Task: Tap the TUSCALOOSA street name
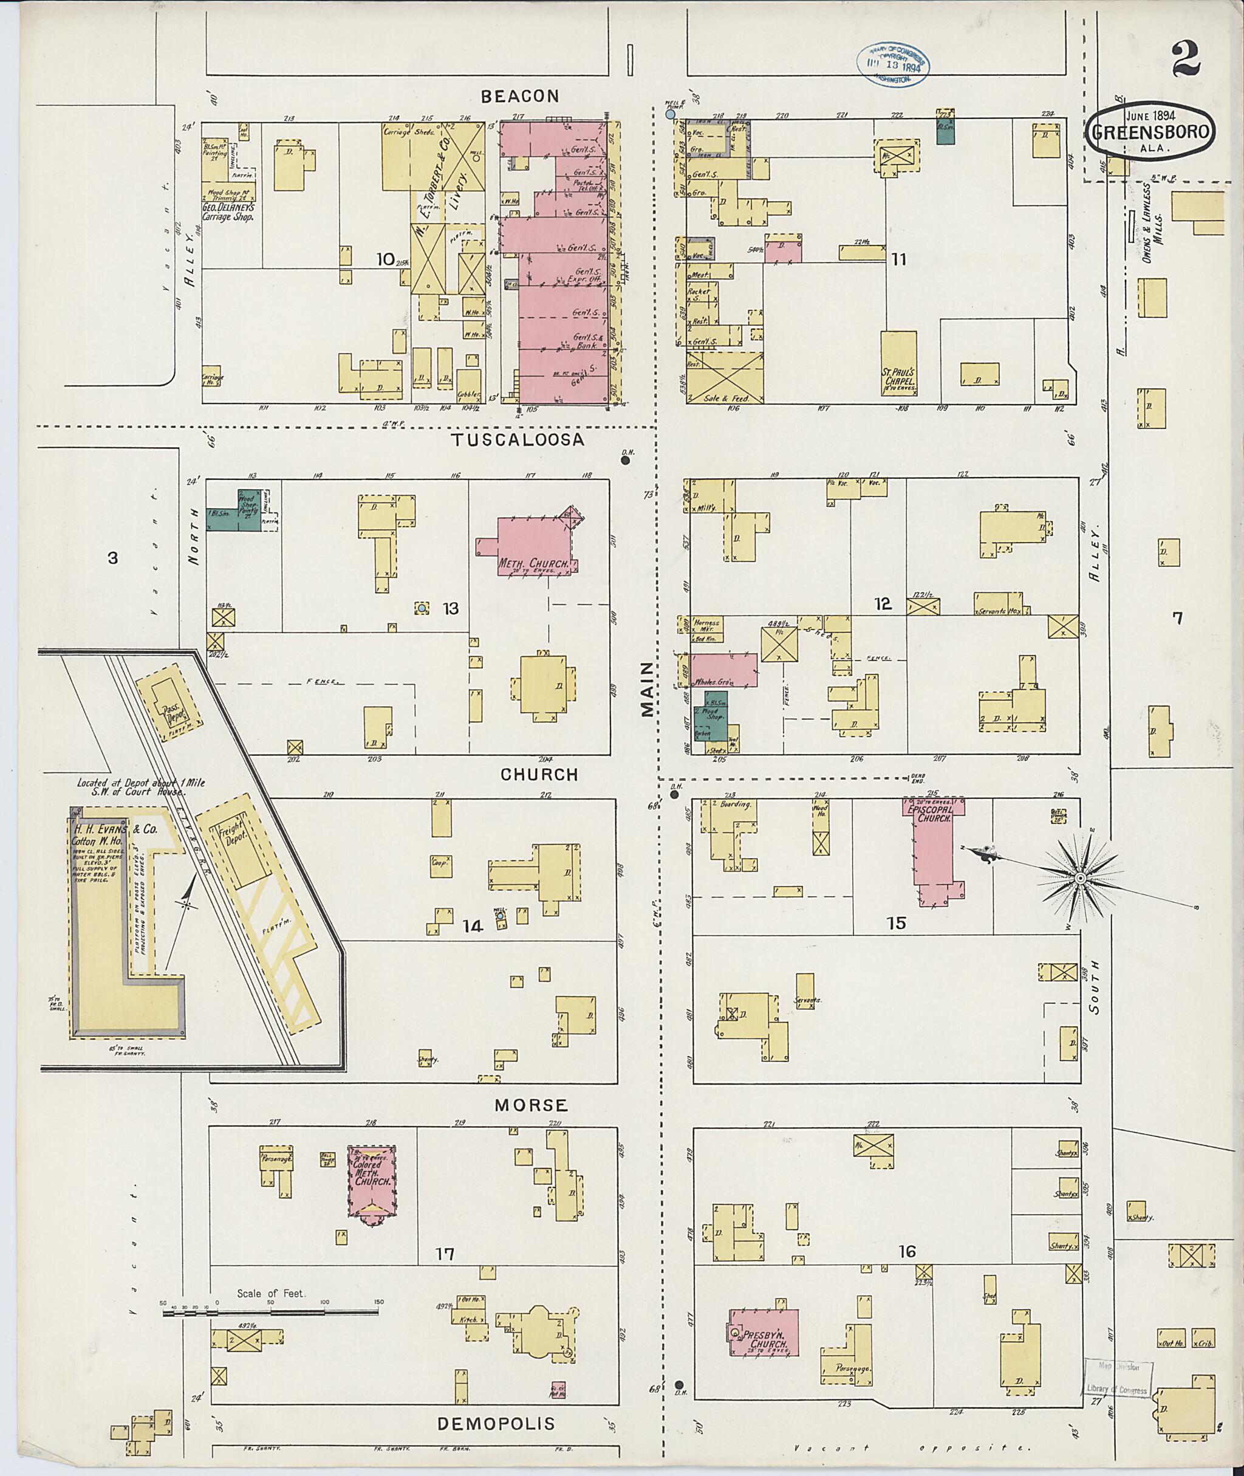tap(518, 439)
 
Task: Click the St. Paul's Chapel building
tap(898, 367)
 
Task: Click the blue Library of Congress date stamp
tap(893, 63)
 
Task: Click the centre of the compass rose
tap(1079, 877)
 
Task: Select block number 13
tap(450, 608)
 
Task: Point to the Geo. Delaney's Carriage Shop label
tap(227, 212)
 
